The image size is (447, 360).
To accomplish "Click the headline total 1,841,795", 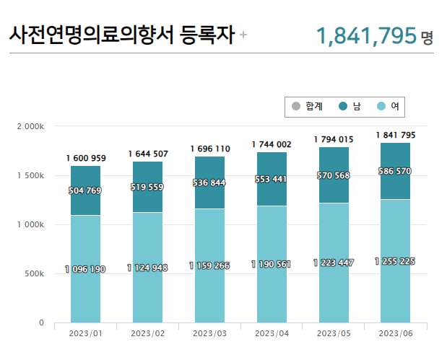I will click(x=366, y=35).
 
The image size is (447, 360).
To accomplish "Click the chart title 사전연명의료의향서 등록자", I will click(x=121, y=35).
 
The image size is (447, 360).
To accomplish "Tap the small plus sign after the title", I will click(x=243, y=35).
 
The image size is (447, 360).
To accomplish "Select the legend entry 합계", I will click(x=307, y=106).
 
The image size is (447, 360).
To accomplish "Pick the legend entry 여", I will click(x=389, y=106).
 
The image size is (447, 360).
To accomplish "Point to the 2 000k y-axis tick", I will click(x=30, y=126).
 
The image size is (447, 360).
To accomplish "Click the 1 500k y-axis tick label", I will click(x=30, y=175).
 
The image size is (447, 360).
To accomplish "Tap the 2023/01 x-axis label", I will click(x=85, y=333).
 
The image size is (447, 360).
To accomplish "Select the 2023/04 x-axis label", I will click(x=272, y=333).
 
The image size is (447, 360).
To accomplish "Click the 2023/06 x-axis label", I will click(x=395, y=333).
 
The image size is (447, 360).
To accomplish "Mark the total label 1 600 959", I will click(x=85, y=158).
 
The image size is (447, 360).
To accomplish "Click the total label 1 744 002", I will click(x=272, y=144).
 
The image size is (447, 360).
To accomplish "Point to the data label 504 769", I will click(x=85, y=190).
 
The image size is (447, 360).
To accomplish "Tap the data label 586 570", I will click(x=395, y=171).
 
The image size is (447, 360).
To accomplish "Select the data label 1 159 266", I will click(x=209, y=265).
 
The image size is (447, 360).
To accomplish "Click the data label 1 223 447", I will click(x=334, y=263).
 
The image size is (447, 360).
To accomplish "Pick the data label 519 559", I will click(x=147, y=186).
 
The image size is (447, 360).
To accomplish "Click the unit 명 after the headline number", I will click(x=428, y=37).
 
